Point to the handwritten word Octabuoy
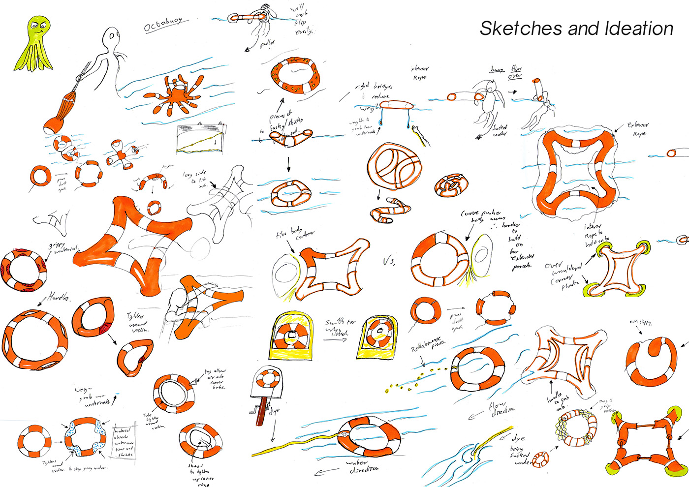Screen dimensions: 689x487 click(x=163, y=25)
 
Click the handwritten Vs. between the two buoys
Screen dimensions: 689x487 click(x=389, y=261)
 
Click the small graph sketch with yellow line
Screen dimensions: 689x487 click(x=202, y=138)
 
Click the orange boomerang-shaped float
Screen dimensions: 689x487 click(x=295, y=137)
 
